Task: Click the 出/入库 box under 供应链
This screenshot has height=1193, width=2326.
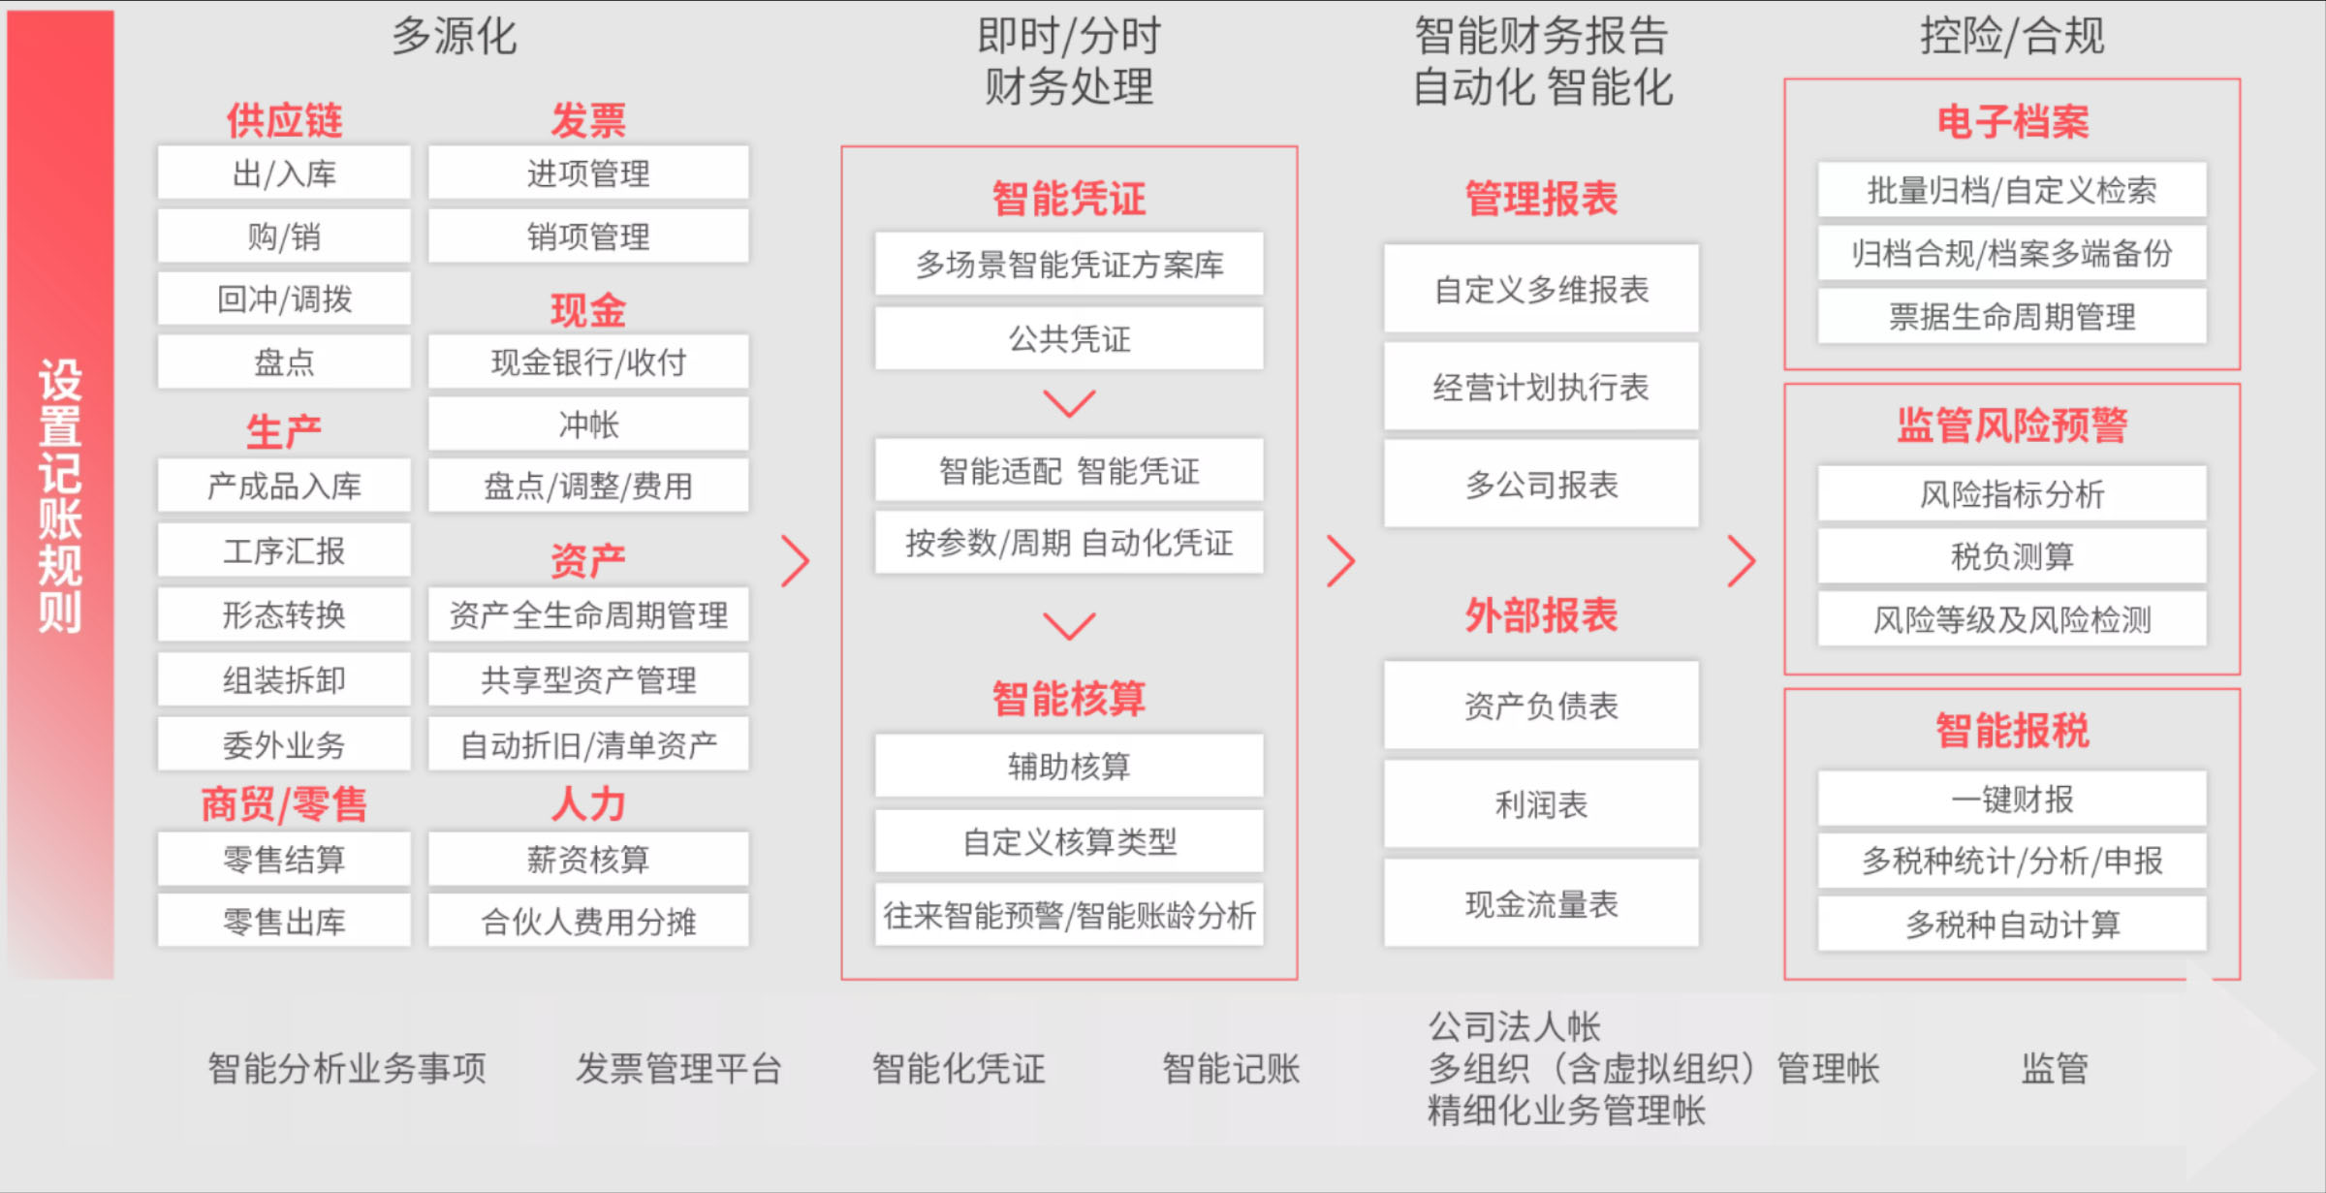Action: [284, 173]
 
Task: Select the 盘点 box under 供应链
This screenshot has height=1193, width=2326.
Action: [284, 361]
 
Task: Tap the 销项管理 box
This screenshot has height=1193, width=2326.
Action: [588, 236]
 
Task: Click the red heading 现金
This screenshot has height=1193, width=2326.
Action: [588, 310]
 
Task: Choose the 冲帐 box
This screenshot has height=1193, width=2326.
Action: [588, 424]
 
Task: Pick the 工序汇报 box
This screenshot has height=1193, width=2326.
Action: [284, 550]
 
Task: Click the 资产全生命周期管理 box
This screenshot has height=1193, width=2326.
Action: [588, 614]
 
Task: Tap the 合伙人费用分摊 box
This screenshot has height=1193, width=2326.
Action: [588, 921]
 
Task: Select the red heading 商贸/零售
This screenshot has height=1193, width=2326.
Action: [284, 804]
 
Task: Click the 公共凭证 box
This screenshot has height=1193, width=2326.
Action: [1069, 338]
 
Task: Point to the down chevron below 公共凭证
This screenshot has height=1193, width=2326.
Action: [1069, 403]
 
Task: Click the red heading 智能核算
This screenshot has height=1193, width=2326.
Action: [1069, 698]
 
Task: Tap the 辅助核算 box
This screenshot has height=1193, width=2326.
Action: [1069, 766]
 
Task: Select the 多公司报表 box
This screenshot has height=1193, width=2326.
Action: [1541, 484]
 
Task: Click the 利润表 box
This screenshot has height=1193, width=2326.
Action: [1541, 804]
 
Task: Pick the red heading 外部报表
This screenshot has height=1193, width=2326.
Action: [1541, 614]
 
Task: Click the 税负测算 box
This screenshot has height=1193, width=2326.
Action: [2012, 556]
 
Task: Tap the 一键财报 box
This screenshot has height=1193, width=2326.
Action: [2012, 799]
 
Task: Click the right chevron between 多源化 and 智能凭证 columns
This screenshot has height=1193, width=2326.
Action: [796, 561]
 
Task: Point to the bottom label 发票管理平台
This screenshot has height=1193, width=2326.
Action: [678, 1068]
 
